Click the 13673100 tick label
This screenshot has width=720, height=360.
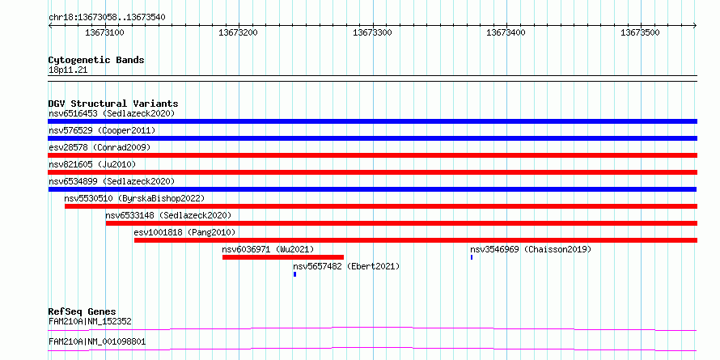[104, 32]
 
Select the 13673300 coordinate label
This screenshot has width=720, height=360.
[372, 32]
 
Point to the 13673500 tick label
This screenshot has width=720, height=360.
[640, 32]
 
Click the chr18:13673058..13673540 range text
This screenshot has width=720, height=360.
[107, 18]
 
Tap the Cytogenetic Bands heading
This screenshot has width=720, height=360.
[96, 60]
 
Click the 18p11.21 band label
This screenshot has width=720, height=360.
[67, 70]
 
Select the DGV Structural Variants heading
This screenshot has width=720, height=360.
[113, 104]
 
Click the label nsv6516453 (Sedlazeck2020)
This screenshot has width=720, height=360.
[112, 113]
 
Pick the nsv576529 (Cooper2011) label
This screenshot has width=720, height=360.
[102, 130]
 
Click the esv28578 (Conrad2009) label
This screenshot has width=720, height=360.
[100, 147]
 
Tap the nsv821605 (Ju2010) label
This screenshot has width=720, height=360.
[92, 164]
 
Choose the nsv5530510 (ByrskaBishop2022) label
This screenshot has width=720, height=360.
[134, 198]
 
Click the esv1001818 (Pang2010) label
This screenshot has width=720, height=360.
[184, 232]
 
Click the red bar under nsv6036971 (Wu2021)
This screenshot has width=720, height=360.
[283, 257]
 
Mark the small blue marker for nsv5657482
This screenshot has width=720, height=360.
[294, 274]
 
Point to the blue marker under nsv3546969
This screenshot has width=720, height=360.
[472, 257]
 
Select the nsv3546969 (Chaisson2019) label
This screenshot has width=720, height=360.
[531, 249]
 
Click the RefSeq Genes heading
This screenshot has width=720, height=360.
[83, 311]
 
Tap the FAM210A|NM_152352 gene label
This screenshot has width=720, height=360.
[90, 321]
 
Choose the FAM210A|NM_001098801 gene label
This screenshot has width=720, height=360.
[97, 342]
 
